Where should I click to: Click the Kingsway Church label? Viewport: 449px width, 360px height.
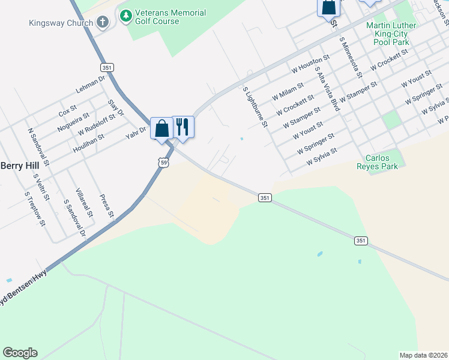tap(61, 23)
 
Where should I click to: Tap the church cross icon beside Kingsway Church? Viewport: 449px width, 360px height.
tap(103, 23)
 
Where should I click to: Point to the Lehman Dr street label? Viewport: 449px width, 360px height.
tap(91, 84)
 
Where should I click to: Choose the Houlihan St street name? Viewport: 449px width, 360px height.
tap(88, 144)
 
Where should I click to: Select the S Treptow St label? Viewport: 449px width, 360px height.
tap(35, 209)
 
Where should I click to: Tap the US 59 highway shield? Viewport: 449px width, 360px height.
tap(163, 162)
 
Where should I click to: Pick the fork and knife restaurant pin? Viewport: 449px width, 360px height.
tap(183, 127)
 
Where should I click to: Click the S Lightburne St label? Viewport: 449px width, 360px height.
tap(255, 107)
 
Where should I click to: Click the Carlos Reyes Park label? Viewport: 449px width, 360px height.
tap(377, 162)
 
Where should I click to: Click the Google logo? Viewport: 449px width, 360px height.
tap(20, 353)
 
